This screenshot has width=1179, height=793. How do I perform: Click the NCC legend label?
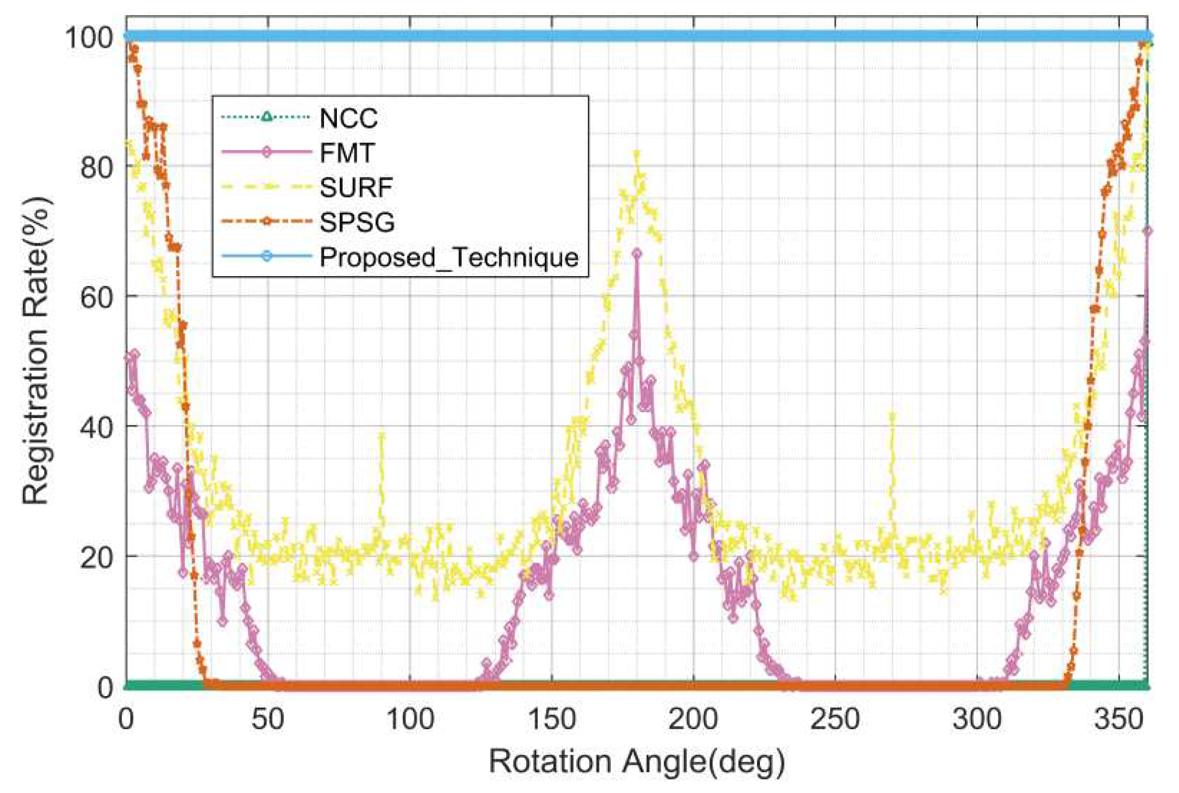[348, 118]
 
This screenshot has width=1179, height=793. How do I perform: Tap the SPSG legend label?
[357, 222]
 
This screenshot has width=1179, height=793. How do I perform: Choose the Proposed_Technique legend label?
[448, 257]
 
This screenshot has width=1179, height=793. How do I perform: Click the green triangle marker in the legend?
[267, 117]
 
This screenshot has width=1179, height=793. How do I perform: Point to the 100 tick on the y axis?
[89, 37]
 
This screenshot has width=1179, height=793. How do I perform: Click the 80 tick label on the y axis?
[96, 167]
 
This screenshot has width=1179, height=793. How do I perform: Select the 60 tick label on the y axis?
[96, 297]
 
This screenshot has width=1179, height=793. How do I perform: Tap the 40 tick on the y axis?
[96, 426]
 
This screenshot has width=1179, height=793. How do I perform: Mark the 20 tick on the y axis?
[96, 556]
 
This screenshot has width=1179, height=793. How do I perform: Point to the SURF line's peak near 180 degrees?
[637, 153]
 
